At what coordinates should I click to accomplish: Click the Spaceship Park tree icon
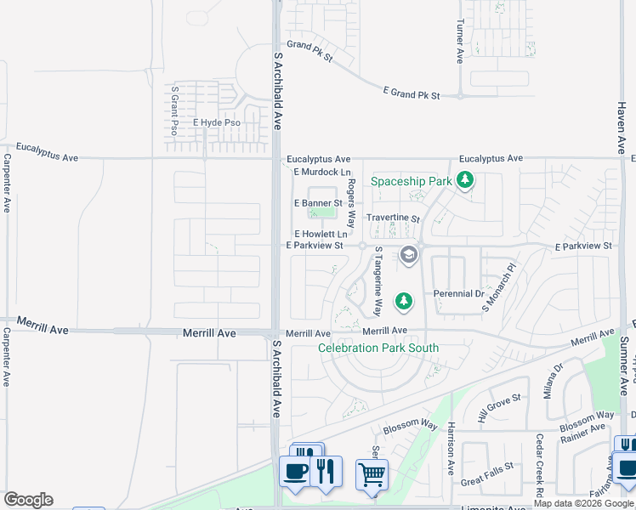[x=464, y=180]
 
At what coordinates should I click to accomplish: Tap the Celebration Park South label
[x=378, y=348]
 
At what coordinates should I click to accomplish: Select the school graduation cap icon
[x=409, y=255]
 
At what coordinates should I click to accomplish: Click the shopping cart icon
[x=372, y=473]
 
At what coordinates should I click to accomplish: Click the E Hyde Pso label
[x=217, y=122]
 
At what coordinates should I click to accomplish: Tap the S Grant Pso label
[x=174, y=110]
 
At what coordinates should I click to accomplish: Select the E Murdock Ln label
[x=321, y=173]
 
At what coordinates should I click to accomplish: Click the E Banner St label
[x=318, y=203]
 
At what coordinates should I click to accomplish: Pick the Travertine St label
[x=393, y=218]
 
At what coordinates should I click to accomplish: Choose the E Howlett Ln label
[x=321, y=234]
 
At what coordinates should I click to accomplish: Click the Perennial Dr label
[x=458, y=294]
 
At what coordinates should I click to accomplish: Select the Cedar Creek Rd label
[x=539, y=467]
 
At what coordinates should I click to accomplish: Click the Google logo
[x=28, y=500]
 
